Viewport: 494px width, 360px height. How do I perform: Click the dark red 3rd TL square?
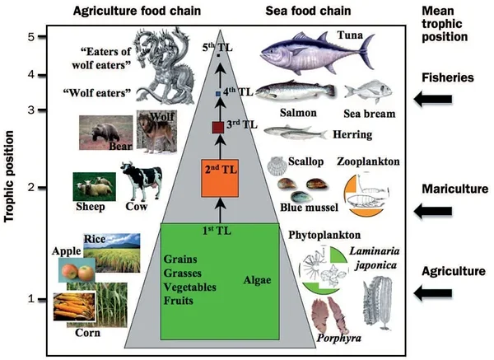pos(218,127)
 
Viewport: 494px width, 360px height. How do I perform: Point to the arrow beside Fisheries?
pos(433,100)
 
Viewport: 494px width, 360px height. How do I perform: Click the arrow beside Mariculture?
pos(433,211)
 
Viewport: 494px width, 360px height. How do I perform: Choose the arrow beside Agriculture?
pos(433,292)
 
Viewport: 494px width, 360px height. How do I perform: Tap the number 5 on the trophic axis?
pos(30,37)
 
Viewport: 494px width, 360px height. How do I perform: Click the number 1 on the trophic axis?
pos(30,299)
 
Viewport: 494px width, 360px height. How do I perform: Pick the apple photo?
pos(76,269)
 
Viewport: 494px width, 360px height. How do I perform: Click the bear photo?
pos(105,132)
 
